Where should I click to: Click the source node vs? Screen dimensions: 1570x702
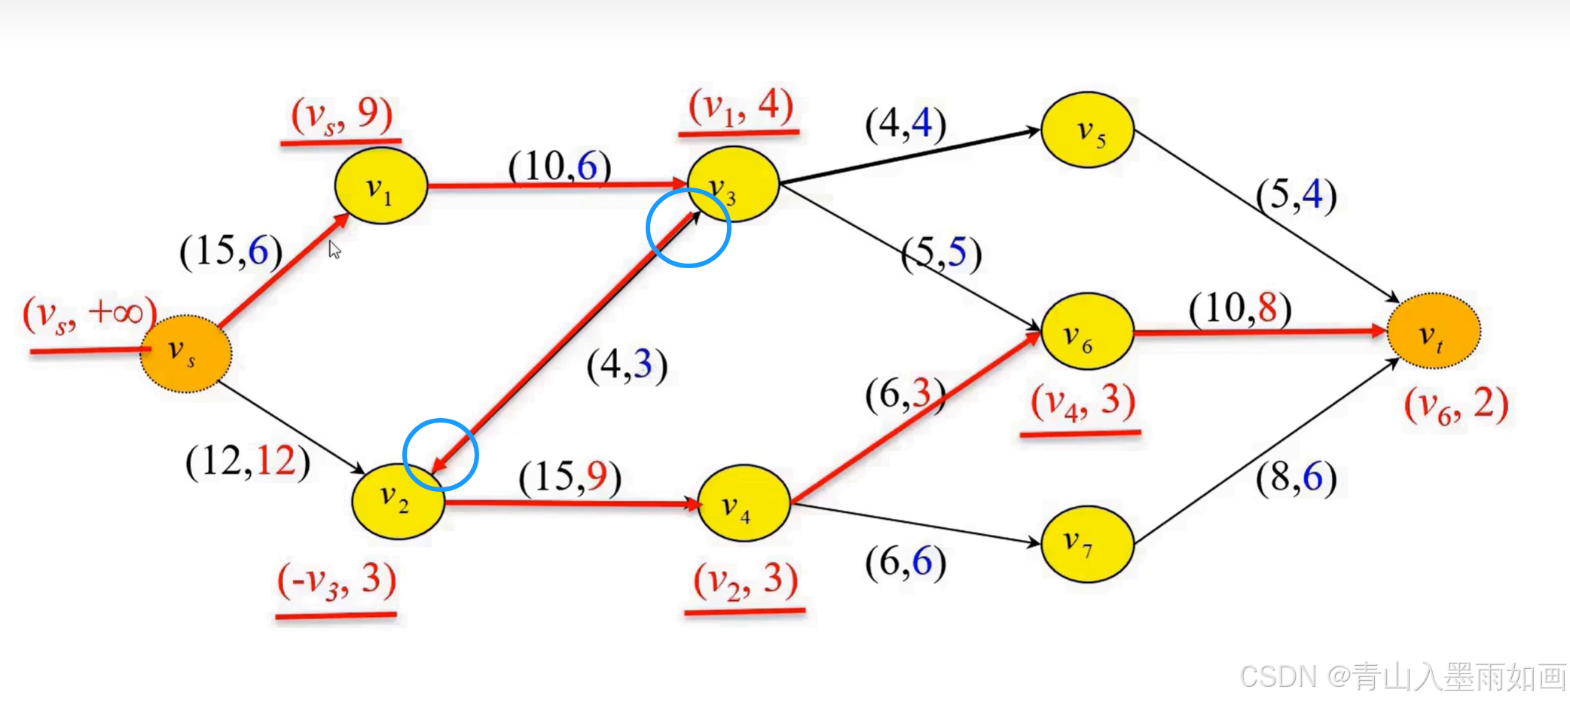pos(185,353)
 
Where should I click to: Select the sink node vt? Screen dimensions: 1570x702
pos(1433,331)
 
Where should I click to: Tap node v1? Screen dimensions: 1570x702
pos(380,186)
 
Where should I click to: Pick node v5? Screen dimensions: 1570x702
pos(1087,130)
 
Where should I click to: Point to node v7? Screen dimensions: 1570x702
pos(1087,543)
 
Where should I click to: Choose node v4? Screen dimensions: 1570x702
pos(744,503)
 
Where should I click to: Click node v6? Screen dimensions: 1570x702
pos(1087,331)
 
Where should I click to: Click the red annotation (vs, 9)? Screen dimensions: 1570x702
pos(342,115)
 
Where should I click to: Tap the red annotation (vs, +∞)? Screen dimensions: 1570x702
pos(89,314)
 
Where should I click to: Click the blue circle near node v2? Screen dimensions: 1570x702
pos(441,455)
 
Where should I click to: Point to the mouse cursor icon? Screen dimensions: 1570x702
pos(334,249)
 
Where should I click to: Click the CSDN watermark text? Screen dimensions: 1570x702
pos(1402,676)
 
